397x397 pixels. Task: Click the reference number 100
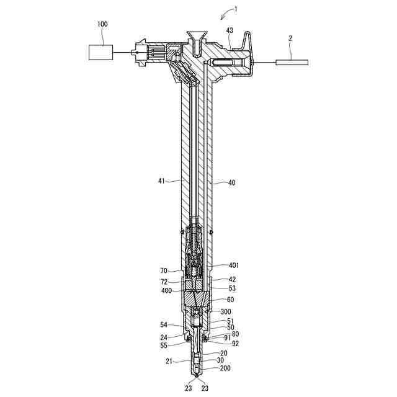[x=102, y=24]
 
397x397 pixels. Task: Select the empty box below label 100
[x=100, y=53]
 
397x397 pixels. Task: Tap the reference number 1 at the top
[x=235, y=9]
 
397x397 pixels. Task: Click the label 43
[x=230, y=30]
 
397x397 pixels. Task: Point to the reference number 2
[x=290, y=38]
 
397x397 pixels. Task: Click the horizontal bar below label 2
[x=292, y=61]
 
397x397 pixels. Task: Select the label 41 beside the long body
[x=163, y=181]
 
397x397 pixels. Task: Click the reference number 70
[x=164, y=271]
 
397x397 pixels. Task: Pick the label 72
[x=164, y=281]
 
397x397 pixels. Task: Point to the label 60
[x=230, y=300]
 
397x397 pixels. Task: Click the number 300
[x=226, y=311]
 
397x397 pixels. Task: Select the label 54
[x=164, y=324]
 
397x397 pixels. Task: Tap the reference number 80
[x=235, y=334]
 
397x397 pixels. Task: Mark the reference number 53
[x=231, y=288]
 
